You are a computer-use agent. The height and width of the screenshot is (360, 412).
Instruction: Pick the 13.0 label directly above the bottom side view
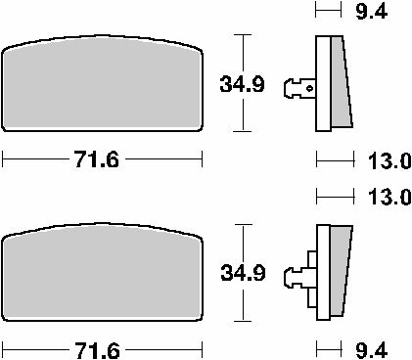(382, 197)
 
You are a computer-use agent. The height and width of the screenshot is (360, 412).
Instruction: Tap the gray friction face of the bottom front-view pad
(103, 280)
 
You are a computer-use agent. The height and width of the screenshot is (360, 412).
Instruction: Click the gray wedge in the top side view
(337, 83)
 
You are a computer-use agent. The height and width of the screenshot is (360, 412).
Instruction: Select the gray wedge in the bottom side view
(337, 276)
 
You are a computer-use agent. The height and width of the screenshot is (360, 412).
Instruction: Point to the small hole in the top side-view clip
(309, 87)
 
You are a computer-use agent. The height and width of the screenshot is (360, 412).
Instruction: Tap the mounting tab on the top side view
(297, 87)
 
